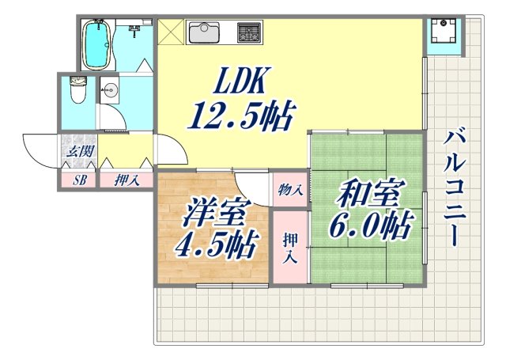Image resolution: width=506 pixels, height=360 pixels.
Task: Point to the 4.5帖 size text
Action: point(216,245)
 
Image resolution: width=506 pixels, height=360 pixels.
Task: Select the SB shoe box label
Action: point(79,180)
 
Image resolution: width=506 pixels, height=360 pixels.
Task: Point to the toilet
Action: point(77,89)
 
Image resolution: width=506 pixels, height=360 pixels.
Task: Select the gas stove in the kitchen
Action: point(249,33)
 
